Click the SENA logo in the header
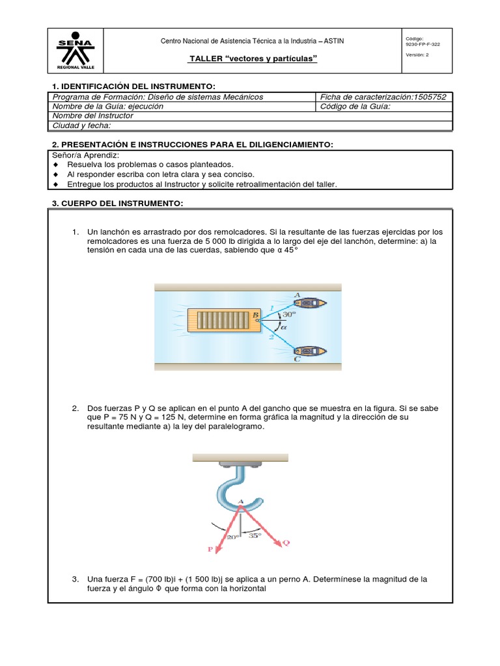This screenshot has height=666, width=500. coord(75,51)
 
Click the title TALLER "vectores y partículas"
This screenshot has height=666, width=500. coord(253,60)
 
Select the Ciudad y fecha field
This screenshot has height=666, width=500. coord(82,126)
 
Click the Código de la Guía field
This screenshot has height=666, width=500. coord(355,107)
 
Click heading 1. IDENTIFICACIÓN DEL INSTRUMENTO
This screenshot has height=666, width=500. coord(133,87)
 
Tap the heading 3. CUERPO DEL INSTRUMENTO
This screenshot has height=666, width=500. coord(118,204)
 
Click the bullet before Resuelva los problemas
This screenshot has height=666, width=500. coord(56,165)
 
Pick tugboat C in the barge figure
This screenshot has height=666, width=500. coord(310,351)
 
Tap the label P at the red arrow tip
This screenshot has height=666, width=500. coord(210,549)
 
